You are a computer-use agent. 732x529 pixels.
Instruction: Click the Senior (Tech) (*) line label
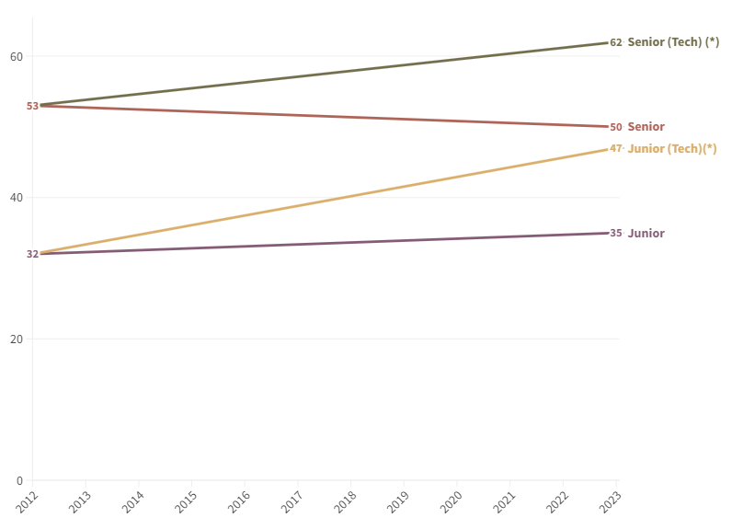pos(673,42)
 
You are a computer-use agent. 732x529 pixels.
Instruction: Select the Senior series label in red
pos(646,127)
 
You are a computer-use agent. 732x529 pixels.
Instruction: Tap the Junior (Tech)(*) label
pos(671,149)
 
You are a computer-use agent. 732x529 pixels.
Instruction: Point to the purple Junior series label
pos(646,234)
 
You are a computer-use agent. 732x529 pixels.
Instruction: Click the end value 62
pos(616,42)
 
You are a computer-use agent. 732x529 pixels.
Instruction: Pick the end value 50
pos(616,127)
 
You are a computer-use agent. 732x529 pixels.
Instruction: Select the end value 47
pos(616,148)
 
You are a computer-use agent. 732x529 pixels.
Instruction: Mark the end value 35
pos(616,234)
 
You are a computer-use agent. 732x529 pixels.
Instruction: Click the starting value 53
pos(32,106)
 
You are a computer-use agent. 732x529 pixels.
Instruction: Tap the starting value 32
pos(32,254)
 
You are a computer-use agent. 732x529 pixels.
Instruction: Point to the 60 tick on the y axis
pos(17,56)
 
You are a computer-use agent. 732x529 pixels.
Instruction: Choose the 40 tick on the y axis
pos(17,198)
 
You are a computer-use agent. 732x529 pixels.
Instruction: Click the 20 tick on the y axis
pos(17,339)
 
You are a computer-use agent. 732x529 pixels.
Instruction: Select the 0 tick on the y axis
pos(19,480)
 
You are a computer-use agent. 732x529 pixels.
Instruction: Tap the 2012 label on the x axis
pos(27,501)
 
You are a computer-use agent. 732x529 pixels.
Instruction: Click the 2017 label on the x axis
pos(292,501)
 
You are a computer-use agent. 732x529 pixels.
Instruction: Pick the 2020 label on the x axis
pos(451,501)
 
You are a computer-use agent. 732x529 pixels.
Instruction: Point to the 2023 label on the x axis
pos(610,501)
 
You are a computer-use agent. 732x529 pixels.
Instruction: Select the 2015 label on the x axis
pos(186,501)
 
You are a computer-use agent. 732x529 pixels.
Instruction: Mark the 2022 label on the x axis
pos(556,501)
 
